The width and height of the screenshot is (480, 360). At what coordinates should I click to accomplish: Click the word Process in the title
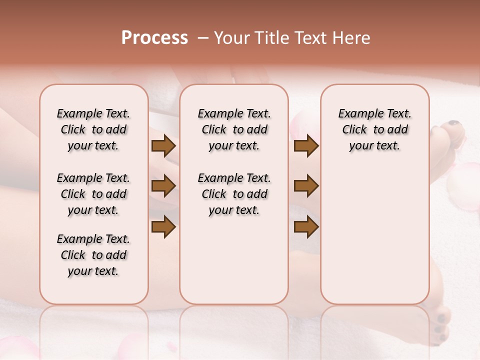coord(154,38)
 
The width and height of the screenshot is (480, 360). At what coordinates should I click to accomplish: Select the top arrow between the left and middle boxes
coord(163,146)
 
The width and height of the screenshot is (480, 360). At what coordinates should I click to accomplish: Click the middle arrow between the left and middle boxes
coord(163,186)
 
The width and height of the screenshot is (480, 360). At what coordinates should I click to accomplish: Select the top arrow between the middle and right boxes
coord(306,146)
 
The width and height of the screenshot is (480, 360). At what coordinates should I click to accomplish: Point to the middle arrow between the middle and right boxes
coord(306,186)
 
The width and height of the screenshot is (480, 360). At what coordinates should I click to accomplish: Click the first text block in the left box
coord(93,129)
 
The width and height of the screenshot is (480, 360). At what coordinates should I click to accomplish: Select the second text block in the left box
coord(93,194)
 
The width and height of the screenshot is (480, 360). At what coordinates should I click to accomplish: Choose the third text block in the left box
coord(93,255)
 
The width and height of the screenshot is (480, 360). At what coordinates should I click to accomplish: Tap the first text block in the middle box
coord(234,129)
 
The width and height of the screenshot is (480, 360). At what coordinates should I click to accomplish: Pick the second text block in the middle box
coord(234,194)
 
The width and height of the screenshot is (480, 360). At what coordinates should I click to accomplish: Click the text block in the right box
coord(375,129)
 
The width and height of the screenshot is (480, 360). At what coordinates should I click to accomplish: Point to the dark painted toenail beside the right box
coord(453,123)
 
